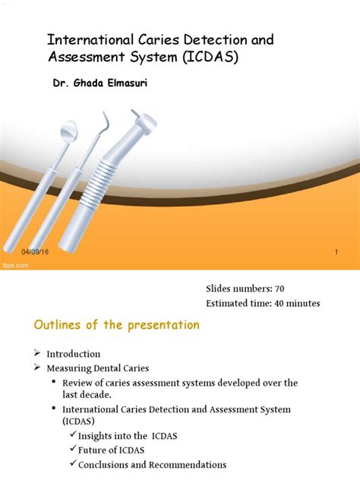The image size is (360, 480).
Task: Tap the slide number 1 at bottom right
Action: [x=335, y=251]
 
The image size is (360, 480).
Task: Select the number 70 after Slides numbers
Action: [x=274, y=289]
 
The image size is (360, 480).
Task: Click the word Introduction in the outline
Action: [x=73, y=354]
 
